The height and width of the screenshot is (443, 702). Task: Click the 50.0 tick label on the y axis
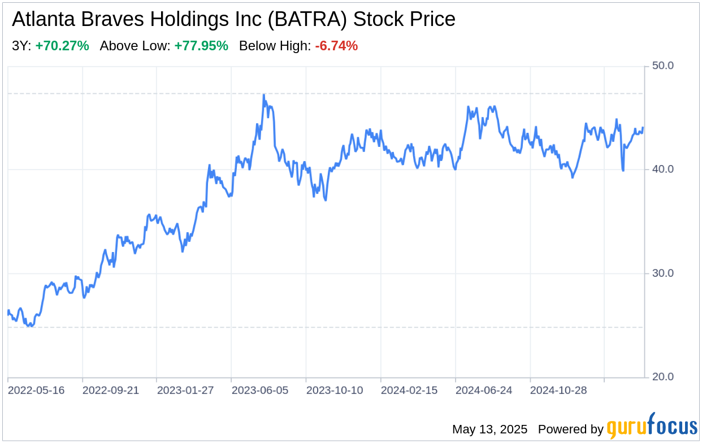click(663, 66)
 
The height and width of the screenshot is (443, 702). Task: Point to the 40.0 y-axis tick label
click(663, 170)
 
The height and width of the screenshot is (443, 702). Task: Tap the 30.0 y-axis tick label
click(663, 273)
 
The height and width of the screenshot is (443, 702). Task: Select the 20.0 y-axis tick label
click(663, 377)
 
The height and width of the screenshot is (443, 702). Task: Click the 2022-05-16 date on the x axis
click(36, 390)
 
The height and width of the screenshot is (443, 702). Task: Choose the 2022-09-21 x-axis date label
click(111, 390)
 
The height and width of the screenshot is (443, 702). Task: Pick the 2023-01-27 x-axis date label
click(185, 390)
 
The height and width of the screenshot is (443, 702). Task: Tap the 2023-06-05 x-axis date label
click(260, 390)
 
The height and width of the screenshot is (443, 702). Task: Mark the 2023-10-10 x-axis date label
click(335, 390)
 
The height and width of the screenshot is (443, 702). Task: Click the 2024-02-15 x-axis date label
click(409, 390)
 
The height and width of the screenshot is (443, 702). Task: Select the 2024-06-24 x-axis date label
click(484, 390)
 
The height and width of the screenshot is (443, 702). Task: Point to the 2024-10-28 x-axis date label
click(558, 390)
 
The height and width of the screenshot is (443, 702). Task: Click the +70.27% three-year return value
click(62, 46)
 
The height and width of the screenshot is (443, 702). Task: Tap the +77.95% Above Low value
click(201, 46)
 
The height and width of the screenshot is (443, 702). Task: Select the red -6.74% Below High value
click(336, 46)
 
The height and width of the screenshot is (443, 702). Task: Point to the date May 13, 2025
click(489, 429)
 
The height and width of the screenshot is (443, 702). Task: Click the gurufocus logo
click(652, 427)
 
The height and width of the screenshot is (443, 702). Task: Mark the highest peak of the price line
click(264, 95)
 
